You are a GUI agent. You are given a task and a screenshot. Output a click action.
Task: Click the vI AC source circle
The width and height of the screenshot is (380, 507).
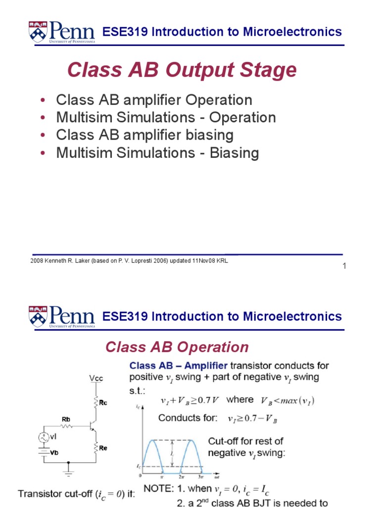tap(43, 437)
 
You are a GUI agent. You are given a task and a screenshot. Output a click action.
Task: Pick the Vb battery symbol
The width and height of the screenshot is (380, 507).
tap(43, 452)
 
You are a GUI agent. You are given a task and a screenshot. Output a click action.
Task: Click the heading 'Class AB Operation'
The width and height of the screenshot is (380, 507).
tap(177, 347)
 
